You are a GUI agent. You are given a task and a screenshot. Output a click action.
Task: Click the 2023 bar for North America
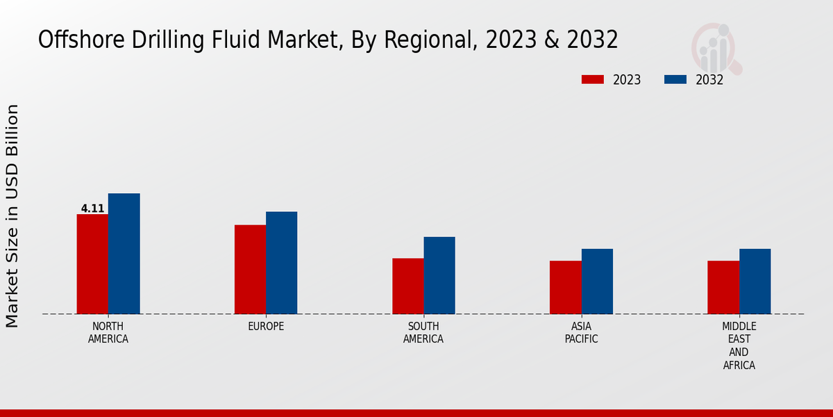pos(92,264)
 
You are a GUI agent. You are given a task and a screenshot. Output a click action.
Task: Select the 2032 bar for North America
pos(124,254)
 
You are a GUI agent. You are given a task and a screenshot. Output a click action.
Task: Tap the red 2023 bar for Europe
pos(250,270)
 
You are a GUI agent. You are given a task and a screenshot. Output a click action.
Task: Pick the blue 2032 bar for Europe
pos(281,263)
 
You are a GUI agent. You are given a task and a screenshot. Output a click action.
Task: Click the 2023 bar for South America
pos(407,286)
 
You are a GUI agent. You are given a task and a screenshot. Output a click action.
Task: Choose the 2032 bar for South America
pos(439,275)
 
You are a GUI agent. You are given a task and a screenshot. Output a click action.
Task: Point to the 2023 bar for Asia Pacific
pos(565,287)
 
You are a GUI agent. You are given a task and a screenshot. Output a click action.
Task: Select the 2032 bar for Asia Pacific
pos(597,281)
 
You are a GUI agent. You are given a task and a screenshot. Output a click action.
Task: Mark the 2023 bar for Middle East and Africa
pos(723,287)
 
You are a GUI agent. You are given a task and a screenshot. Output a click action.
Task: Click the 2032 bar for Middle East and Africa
pos(755,281)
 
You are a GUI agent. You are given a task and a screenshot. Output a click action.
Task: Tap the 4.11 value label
pos(92,208)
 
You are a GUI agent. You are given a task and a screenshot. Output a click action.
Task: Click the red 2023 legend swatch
pos(592,80)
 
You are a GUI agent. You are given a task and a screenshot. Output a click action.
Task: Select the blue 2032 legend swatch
pos(675,80)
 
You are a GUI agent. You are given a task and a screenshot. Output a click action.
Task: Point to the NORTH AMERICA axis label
pos(108,333)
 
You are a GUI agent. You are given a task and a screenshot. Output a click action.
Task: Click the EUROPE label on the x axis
pos(266,327)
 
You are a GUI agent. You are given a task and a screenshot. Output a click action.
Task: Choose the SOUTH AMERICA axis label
pos(423,333)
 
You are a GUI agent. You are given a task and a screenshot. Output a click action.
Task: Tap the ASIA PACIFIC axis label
pos(581,333)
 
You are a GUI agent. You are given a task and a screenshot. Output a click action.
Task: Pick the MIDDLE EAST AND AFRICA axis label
pos(739,346)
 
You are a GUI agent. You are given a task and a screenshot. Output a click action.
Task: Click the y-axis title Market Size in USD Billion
pos(12,215)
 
